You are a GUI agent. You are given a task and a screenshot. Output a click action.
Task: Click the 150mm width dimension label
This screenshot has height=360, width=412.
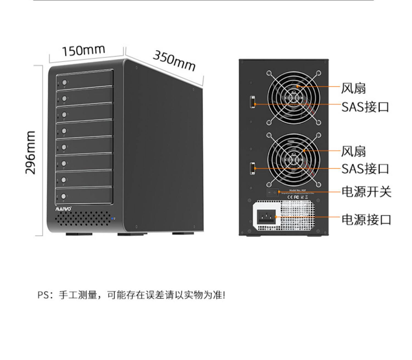(x=83, y=51)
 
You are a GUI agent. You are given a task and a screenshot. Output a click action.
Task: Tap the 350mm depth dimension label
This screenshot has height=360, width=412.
(x=174, y=61)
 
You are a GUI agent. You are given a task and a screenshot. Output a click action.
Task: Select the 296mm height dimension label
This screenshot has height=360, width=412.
(x=31, y=152)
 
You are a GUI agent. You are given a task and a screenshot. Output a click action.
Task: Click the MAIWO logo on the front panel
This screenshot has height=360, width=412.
(x=64, y=209)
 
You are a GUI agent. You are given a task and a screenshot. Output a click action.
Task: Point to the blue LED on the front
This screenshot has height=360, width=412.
(x=112, y=219)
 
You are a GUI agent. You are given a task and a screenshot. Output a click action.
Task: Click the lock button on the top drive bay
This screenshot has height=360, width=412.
(x=65, y=82)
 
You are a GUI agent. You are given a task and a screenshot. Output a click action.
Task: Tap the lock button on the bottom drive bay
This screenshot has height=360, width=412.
(x=64, y=196)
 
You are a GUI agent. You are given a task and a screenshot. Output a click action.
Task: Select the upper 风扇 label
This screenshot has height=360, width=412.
(x=353, y=88)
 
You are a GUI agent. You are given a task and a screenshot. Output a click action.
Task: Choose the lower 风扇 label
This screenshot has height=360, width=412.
(x=353, y=151)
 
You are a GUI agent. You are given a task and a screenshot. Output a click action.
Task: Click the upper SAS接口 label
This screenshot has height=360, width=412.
(x=365, y=107)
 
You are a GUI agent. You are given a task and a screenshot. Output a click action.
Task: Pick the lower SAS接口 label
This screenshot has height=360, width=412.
(x=365, y=169)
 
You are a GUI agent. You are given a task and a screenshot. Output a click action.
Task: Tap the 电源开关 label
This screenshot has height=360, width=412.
(x=366, y=192)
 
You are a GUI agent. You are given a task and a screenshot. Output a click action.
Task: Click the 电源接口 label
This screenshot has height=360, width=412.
(x=366, y=220)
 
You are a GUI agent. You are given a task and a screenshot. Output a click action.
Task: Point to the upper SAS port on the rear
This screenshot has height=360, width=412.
(x=252, y=102)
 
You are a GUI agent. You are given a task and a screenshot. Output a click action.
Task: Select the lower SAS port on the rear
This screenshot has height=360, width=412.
(x=252, y=168)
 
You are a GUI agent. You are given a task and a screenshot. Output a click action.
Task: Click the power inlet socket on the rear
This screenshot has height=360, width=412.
(x=266, y=217)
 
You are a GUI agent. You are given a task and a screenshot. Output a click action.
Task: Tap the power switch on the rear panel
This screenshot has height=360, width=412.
(x=272, y=192)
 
